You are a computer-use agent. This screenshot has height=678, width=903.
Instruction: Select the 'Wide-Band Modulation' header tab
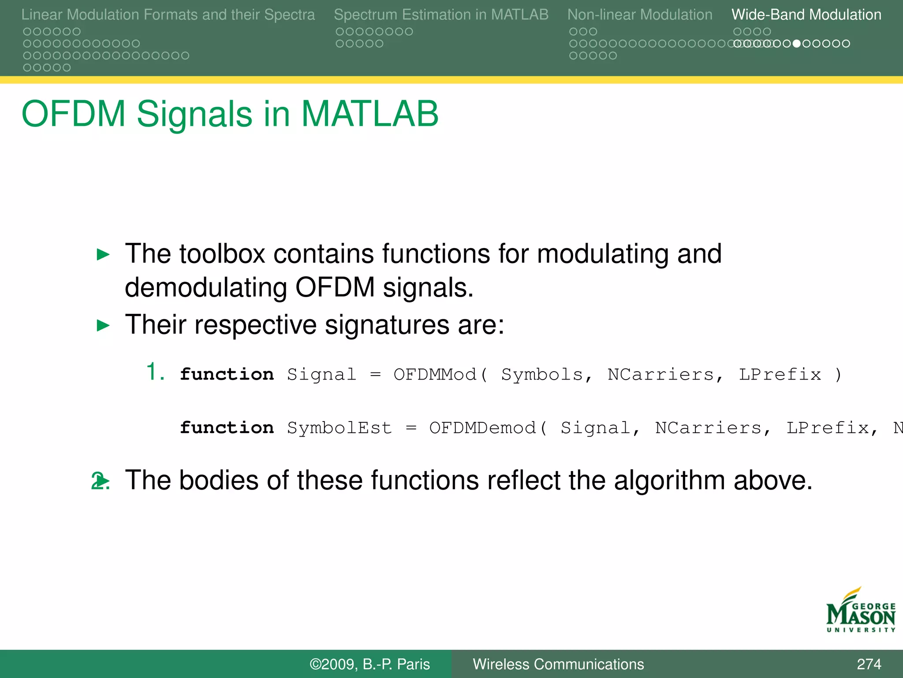(x=806, y=15)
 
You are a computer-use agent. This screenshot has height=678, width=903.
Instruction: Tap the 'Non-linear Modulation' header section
(x=639, y=15)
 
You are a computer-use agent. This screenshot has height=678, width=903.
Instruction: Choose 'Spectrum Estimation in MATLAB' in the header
(x=441, y=15)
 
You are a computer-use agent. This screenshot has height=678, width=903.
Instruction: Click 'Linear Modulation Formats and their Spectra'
(x=168, y=15)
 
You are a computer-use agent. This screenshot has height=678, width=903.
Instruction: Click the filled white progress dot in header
(x=796, y=44)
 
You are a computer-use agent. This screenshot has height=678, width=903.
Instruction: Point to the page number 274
(x=869, y=664)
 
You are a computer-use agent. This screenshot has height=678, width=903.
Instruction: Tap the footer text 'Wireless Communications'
(x=558, y=664)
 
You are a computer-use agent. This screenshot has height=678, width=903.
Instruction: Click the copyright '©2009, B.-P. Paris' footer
(x=369, y=664)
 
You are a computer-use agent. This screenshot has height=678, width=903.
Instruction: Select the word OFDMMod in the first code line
(x=435, y=374)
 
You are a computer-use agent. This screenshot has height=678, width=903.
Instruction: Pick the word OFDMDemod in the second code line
(x=482, y=428)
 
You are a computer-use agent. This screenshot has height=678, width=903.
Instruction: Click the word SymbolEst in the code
(x=339, y=428)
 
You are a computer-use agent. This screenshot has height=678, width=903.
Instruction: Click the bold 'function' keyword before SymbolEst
(x=227, y=428)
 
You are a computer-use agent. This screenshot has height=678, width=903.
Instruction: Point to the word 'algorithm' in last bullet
(x=669, y=480)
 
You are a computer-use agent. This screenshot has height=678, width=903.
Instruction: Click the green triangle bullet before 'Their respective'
(x=103, y=326)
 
